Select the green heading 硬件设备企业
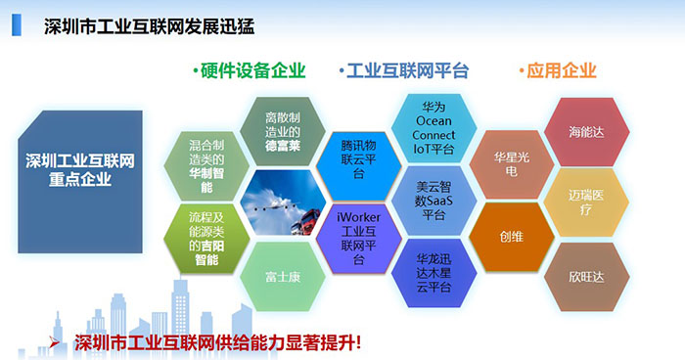click(251, 70)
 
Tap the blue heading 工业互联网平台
click(405, 70)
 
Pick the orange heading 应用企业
click(557, 70)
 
